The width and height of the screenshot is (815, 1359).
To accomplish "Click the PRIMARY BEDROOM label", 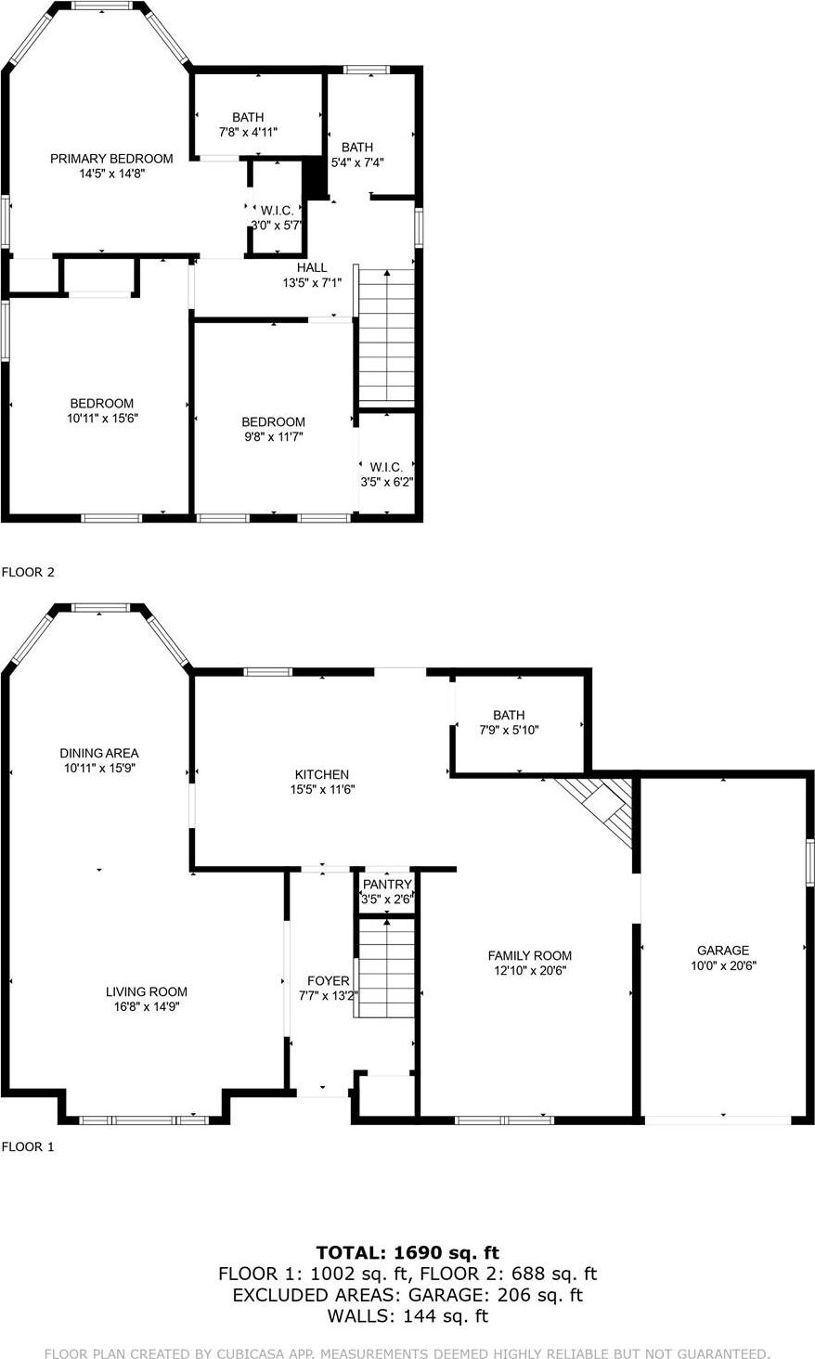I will click(111, 159).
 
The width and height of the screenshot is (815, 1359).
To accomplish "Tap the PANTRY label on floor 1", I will click(387, 885).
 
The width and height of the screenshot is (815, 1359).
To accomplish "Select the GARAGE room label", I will click(723, 951).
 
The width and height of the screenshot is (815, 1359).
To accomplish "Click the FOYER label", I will click(329, 981).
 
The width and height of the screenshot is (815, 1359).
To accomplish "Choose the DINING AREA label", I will click(99, 754).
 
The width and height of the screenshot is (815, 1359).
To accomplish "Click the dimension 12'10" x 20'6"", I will click(529, 971).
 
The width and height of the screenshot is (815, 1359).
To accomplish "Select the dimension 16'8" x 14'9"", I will click(147, 1006).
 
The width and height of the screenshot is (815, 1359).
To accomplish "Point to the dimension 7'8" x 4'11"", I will click(248, 132).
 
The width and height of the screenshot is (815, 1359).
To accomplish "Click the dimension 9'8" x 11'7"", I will click(273, 436).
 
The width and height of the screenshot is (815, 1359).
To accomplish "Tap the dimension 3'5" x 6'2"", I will click(386, 482).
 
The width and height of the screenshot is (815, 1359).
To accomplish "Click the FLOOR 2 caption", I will click(28, 573).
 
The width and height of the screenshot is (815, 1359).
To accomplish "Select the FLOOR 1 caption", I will click(28, 1147).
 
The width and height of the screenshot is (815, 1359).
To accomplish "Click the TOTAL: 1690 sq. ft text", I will click(407, 1253).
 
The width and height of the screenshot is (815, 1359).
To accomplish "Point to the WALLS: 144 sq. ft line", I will click(407, 1316).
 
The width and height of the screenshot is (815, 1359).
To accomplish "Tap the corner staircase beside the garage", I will click(604, 809).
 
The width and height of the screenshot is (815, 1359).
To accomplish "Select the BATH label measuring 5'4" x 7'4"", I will click(357, 148).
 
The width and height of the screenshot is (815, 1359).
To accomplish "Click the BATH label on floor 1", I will click(509, 716).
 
